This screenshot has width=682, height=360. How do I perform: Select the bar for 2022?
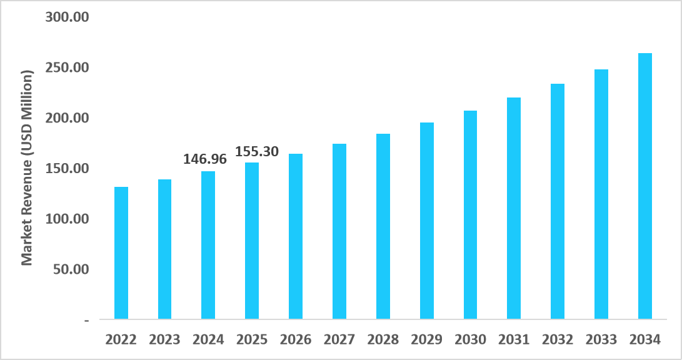(x=121, y=253)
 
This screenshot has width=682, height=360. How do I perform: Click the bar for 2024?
(x=208, y=245)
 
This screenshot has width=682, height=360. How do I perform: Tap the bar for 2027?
(x=339, y=231)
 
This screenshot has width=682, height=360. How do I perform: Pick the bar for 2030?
(x=470, y=215)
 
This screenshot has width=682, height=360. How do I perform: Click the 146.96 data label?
(x=204, y=159)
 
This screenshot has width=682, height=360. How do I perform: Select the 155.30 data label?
(x=257, y=151)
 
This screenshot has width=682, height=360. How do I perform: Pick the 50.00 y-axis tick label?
(x=71, y=269)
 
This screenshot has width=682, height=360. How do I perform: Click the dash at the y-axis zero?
(x=86, y=320)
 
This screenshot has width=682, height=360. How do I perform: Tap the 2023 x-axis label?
(x=164, y=340)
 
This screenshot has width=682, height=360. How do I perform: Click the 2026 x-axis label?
(x=296, y=340)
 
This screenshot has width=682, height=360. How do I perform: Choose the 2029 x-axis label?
(x=427, y=340)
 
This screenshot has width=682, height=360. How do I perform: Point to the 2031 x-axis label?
(x=514, y=340)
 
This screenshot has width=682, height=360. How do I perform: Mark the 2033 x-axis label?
(x=601, y=340)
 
